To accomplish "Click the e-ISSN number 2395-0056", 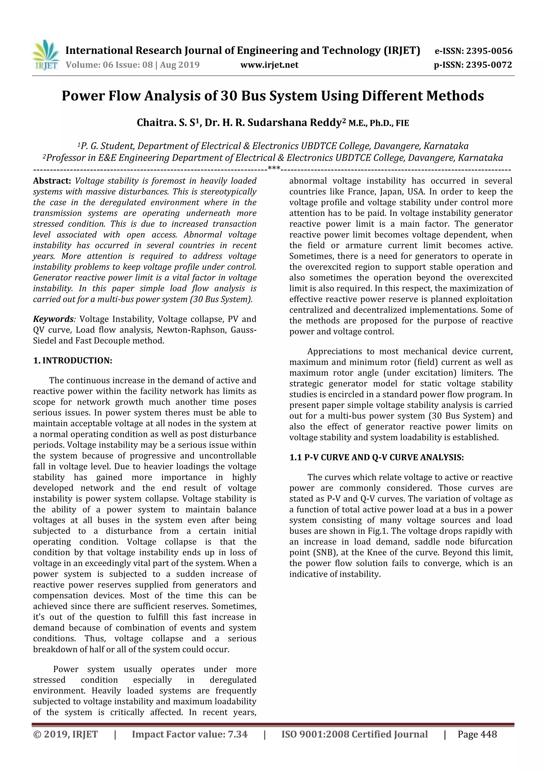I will click(489, 51).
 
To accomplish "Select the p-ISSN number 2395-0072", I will click(489, 65).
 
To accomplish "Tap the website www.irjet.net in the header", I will click(269, 65).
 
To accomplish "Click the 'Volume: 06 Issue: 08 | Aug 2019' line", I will click(133, 65).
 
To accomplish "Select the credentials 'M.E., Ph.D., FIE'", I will click(379, 123).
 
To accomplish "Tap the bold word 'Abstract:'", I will click(52, 181).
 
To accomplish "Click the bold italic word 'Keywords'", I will click(53, 319).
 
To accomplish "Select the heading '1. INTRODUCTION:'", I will click(73, 360).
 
